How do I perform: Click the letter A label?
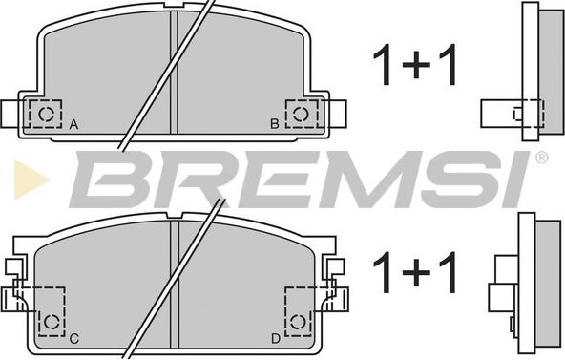pos(73,125)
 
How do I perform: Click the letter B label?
pos(275,124)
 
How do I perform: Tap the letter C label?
pos(73,339)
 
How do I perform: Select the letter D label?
pos(275,339)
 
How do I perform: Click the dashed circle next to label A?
pos(46,114)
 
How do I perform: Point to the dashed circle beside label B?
pos(301,114)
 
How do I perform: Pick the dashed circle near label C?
pos(52,322)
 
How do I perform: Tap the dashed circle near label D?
pos(298,322)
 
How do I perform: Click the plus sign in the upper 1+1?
pos(416,65)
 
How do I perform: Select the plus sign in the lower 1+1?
pos(416,272)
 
